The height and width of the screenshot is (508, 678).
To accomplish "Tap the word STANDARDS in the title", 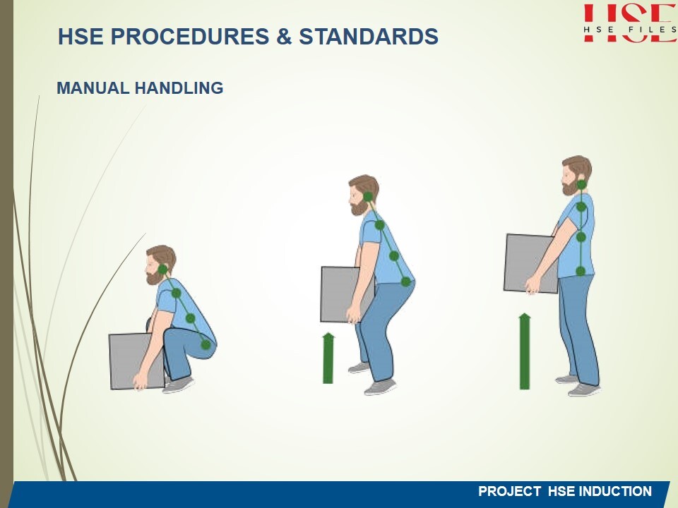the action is tap(369, 36).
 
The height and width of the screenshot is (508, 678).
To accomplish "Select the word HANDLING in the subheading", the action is tap(179, 88).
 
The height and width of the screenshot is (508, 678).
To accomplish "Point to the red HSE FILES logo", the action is tap(630, 23).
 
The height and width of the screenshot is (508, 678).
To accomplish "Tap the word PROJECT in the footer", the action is tap(509, 491).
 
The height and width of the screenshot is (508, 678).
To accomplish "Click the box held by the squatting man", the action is tap(136, 361).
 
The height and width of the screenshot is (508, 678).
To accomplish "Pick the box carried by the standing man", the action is tap(531, 263).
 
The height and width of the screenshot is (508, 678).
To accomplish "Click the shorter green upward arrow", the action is tap(328, 358).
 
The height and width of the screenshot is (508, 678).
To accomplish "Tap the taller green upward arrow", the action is tap(525, 351).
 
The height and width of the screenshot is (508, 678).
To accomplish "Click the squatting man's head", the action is tap(160, 265).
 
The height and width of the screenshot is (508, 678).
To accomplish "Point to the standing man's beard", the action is tap(570, 188).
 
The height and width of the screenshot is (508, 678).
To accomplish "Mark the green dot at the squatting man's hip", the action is tap(206, 345).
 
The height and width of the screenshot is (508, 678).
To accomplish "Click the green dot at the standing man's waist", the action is tap(581, 271).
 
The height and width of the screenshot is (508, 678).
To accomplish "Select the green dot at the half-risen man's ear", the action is tap(368, 197).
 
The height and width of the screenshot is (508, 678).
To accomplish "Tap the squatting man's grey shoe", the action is tap(178, 384).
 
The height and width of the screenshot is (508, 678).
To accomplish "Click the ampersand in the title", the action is tap(284, 36).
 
